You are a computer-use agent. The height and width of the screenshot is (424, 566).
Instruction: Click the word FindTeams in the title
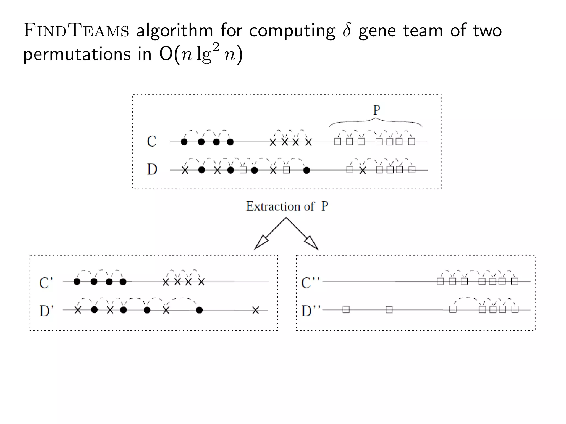click(76, 30)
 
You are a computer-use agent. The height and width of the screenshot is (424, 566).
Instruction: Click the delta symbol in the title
click(347, 30)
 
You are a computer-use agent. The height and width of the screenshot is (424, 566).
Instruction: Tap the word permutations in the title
click(77, 54)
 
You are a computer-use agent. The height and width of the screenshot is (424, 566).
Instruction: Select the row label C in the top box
click(152, 142)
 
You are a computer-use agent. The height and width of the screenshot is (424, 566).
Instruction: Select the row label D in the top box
click(152, 169)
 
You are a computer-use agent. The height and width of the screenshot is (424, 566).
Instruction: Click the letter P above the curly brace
click(376, 110)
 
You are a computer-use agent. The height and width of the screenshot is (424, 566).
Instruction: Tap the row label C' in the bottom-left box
click(46, 283)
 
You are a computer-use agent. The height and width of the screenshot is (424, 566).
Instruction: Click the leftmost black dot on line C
click(184, 142)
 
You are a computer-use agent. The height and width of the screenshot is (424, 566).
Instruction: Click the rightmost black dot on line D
click(306, 170)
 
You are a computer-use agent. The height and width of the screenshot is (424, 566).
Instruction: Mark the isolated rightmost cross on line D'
click(255, 310)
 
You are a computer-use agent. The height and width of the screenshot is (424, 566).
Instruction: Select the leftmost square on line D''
click(346, 310)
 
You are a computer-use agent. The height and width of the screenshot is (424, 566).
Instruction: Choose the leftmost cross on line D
click(185, 170)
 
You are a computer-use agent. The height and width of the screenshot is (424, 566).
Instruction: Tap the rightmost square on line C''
click(514, 281)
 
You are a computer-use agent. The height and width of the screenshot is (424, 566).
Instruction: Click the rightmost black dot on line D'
click(199, 310)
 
